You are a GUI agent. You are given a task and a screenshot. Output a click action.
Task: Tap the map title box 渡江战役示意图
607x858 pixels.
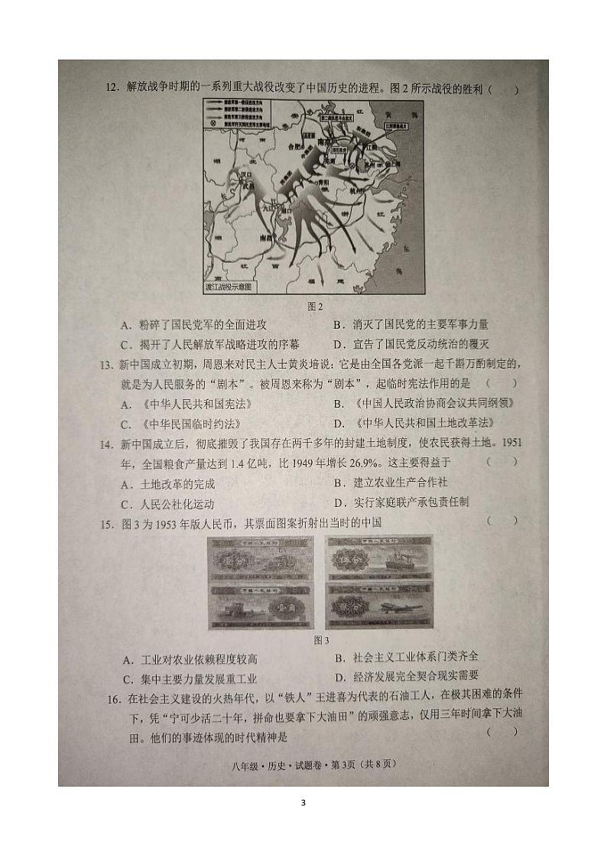click(230, 288)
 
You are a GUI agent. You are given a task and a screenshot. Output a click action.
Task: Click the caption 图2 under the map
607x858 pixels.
click(315, 306)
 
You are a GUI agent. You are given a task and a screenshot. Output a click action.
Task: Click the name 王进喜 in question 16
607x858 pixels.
click(291, 698)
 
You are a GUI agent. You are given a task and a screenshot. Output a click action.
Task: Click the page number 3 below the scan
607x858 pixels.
click(303, 802)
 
